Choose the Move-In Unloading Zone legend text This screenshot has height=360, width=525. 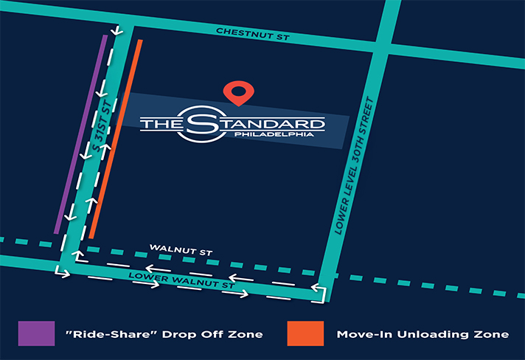pos(423,334)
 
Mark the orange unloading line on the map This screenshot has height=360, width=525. pos(117,136)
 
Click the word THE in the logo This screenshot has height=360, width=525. pos(159,124)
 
